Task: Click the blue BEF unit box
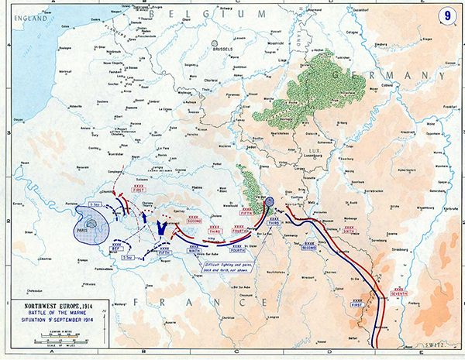point(116,248)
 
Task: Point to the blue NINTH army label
point(191,249)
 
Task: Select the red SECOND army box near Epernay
point(183,221)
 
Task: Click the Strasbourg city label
point(409,250)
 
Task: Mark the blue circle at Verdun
point(269,203)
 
